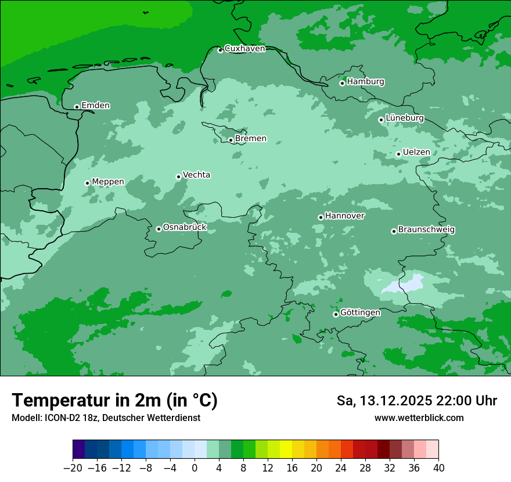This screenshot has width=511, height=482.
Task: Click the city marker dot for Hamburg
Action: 343,83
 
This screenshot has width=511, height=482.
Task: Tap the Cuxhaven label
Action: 244,49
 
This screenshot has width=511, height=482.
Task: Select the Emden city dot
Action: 77,107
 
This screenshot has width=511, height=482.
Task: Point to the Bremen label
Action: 251,139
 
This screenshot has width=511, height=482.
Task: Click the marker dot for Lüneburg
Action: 381,120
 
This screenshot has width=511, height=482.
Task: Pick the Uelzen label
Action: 416,152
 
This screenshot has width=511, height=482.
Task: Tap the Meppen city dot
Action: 87,183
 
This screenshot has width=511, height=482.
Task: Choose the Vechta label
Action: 196,175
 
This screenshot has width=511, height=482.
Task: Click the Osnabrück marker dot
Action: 159,229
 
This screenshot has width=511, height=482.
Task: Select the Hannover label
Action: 344,216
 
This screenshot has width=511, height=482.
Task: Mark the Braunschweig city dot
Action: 394,231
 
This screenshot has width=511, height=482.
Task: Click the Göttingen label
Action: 360,313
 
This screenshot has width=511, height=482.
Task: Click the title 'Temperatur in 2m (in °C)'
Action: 114,401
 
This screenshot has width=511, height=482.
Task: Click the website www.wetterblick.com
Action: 419,418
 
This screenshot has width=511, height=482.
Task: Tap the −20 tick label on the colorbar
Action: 73,468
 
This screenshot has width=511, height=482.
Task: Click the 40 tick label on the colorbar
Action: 438,468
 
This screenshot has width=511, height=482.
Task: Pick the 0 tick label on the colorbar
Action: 195,468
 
